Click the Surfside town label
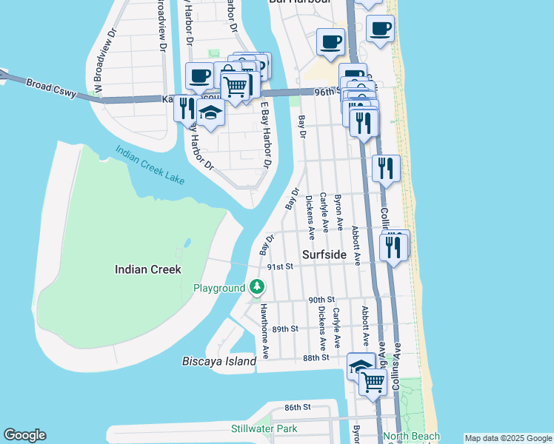click(324, 255)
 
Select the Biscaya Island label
click(219, 362)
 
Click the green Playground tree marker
click(256, 286)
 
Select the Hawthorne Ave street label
click(264, 329)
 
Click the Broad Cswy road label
click(50, 87)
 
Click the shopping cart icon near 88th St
click(373, 382)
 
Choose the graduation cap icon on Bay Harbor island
click(210, 114)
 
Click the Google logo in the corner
click(24, 435)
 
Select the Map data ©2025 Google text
click(507, 438)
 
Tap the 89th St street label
click(285, 329)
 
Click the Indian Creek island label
click(148, 269)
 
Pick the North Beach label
click(411, 437)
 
